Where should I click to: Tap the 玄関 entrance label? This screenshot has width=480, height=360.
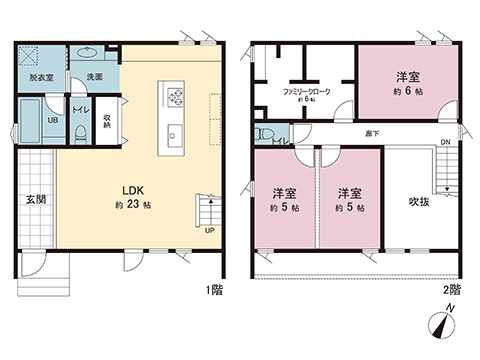tap(34, 198)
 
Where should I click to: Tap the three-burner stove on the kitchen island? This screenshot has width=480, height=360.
tap(176, 97)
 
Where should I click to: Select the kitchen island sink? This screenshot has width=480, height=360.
tap(174, 134)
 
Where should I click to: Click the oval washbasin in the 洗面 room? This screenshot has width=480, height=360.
tap(88, 53)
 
